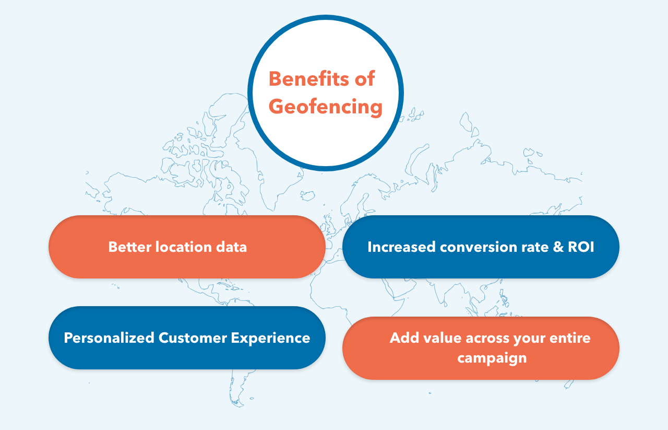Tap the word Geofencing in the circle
(326, 107)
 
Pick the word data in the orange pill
(233, 247)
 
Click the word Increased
(401, 247)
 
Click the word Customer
(190, 338)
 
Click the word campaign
(492, 358)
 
